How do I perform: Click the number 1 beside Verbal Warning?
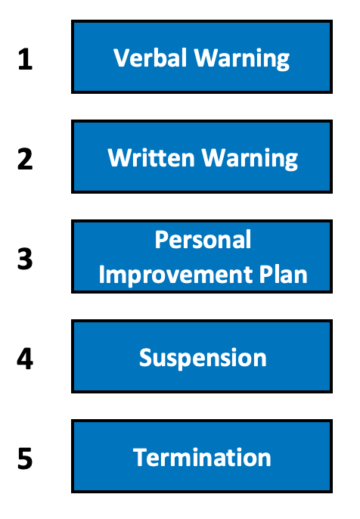pos(25,59)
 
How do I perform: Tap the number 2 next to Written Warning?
pos(25,159)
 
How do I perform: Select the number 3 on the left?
pos(25,259)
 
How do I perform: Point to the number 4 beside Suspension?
pos(25,359)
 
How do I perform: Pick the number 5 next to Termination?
pos(25,458)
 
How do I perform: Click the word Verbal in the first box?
pos(151,58)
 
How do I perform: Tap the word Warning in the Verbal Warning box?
pos(241,59)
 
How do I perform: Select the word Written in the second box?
pos(151,157)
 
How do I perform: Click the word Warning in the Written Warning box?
pos(250,159)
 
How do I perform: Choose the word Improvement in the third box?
pos(175,275)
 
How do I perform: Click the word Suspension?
pos(203,358)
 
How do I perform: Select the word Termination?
pos(202,458)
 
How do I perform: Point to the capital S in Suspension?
pos(145,357)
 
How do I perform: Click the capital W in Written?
pos(119,157)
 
